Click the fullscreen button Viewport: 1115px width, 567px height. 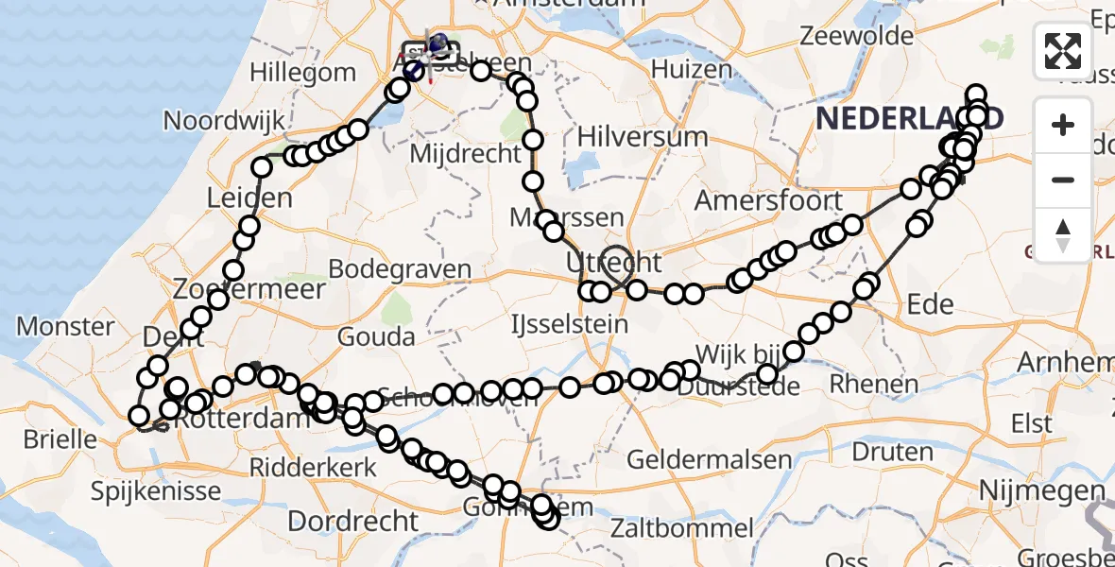click(x=1063, y=51)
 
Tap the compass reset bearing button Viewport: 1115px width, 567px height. click(x=1063, y=234)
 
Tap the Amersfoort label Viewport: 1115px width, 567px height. click(x=768, y=201)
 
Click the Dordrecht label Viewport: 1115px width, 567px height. click(x=352, y=521)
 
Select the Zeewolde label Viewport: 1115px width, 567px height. click(x=857, y=37)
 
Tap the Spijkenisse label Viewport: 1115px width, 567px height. click(x=157, y=490)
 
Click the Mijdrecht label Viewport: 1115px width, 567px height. click(x=467, y=153)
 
